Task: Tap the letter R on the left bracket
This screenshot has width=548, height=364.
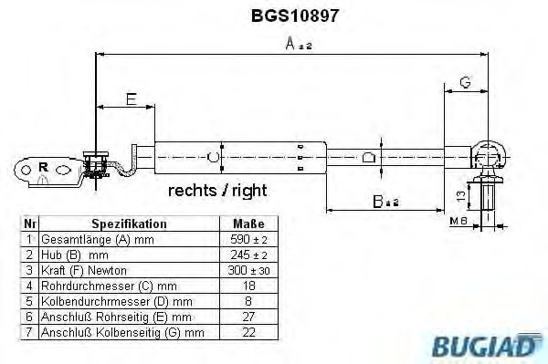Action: [43, 168]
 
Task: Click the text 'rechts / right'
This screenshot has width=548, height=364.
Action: [217, 191]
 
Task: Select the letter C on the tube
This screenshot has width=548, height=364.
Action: [214, 157]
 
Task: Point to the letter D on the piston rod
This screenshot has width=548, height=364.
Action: [369, 156]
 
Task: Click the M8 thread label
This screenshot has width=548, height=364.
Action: [458, 220]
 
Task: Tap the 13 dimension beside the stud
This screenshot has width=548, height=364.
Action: [462, 194]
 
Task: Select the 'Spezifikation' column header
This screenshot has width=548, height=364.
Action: [129, 224]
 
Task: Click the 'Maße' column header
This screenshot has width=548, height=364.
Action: [249, 224]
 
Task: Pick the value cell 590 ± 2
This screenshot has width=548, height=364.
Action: [249, 239]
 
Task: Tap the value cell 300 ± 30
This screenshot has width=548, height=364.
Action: [249, 271]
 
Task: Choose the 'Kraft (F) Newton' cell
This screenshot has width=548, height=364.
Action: [85, 271]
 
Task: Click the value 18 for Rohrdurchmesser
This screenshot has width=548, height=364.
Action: [249, 286]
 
